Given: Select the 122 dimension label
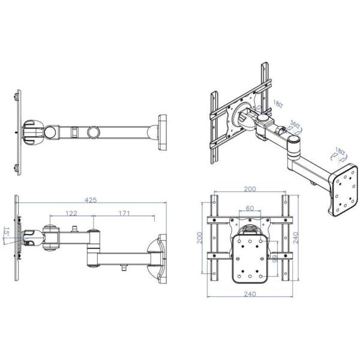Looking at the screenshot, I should click(x=71, y=213).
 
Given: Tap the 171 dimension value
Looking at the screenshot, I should click(x=124, y=213).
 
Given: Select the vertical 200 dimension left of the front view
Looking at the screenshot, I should click(x=199, y=238).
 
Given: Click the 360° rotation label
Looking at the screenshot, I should click(x=294, y=126).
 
